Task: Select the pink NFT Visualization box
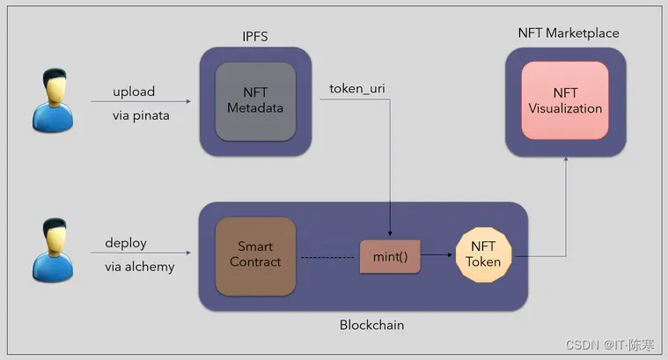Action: coord(565,100)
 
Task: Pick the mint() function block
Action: coord(389,256)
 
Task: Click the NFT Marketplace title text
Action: coord(568,33)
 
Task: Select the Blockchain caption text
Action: coord(371,325)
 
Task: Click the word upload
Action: coord(134,92)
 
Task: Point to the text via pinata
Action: coord(141,114)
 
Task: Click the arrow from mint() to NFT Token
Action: coord(437,256)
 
